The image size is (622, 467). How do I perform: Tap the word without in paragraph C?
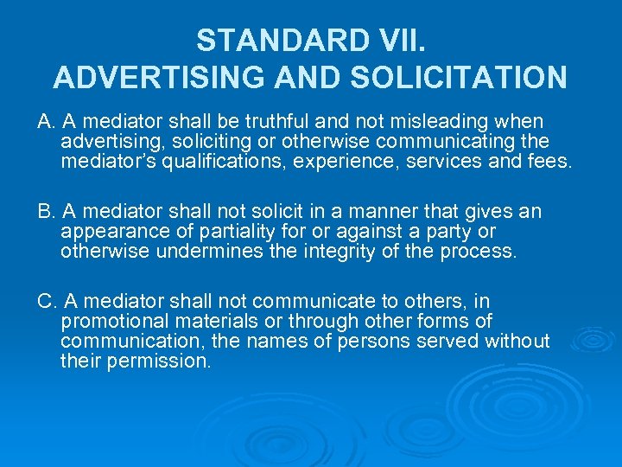click(517, 341)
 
